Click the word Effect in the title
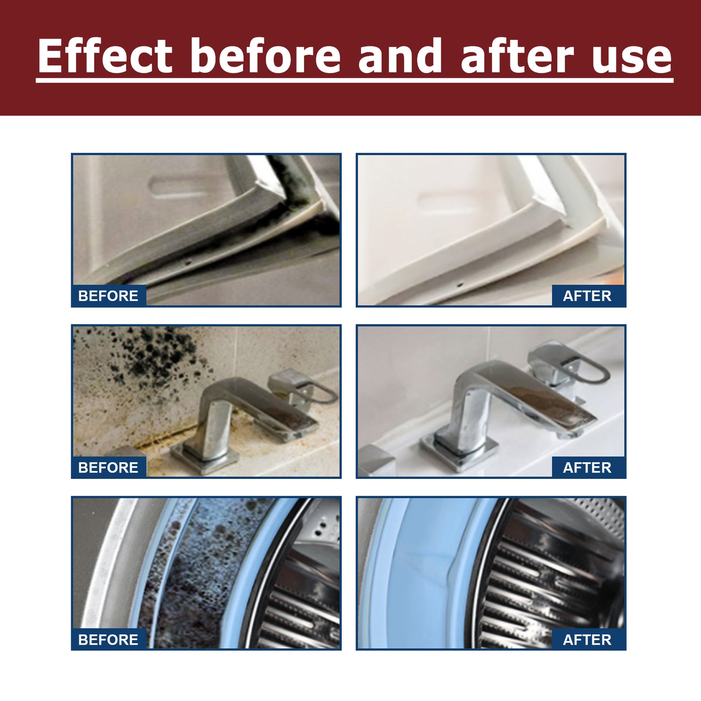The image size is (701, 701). point(105,56)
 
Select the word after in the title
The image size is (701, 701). point(517,56)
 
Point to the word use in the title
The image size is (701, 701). point(632,57)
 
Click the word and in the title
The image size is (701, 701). point(400,56)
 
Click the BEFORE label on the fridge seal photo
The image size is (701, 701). point(108,295)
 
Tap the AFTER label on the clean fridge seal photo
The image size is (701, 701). point(587,295)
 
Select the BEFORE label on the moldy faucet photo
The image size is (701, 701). point(108,467)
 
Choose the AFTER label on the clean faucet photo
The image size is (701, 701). point(587,467)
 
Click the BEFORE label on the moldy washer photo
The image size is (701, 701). point(108,639)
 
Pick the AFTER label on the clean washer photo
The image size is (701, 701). point(587,639)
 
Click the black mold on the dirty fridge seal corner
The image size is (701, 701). point(301,184)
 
